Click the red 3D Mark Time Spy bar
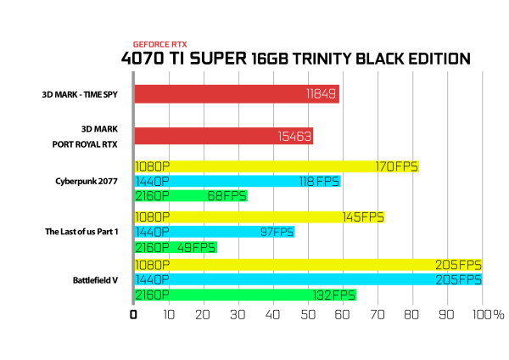(237, 94)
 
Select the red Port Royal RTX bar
(224, 136)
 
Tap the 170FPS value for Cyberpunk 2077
(396, 166)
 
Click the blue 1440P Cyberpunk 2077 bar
(238, 181)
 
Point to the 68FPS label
(227, 196)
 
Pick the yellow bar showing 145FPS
(260, 217)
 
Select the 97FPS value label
(277, 232)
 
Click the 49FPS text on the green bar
(197, 248)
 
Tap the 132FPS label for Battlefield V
(334, 295)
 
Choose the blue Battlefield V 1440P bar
(309, 279)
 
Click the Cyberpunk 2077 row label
(87, 182)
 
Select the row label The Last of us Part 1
(81, 232)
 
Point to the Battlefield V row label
(95, 280)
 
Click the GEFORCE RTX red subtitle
(160, 44)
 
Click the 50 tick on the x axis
(308, 314)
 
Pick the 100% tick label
(489, 314)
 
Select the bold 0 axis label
(133, 314)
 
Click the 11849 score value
(321, 94)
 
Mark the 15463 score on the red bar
(294, 137)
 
